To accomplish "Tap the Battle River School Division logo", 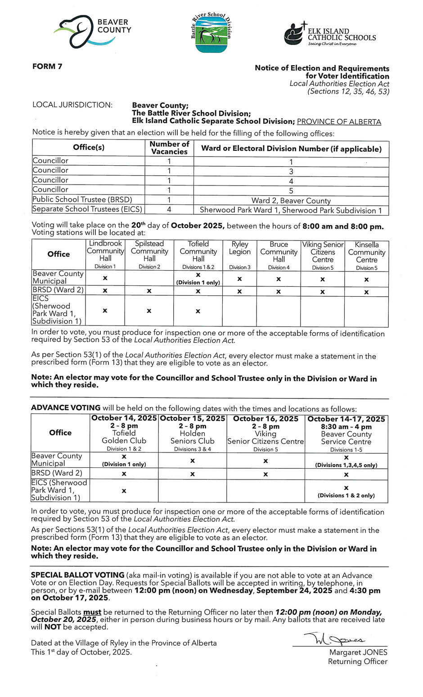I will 211,32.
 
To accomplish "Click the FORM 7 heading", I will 47,67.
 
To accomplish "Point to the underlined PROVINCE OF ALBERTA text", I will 339,122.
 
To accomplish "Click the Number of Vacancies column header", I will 169,148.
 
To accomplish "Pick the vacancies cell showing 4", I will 169,209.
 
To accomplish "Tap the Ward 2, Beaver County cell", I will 291,201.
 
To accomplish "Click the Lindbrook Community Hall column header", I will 105,254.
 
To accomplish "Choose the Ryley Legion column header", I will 240,254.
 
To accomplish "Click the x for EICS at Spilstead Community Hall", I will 149,311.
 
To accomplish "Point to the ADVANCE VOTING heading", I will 66,408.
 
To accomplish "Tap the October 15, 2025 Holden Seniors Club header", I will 192,433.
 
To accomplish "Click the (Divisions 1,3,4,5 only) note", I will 346,465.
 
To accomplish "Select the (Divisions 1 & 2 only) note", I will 346,495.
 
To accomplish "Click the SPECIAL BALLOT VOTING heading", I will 77,575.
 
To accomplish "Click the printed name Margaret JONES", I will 358,652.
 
